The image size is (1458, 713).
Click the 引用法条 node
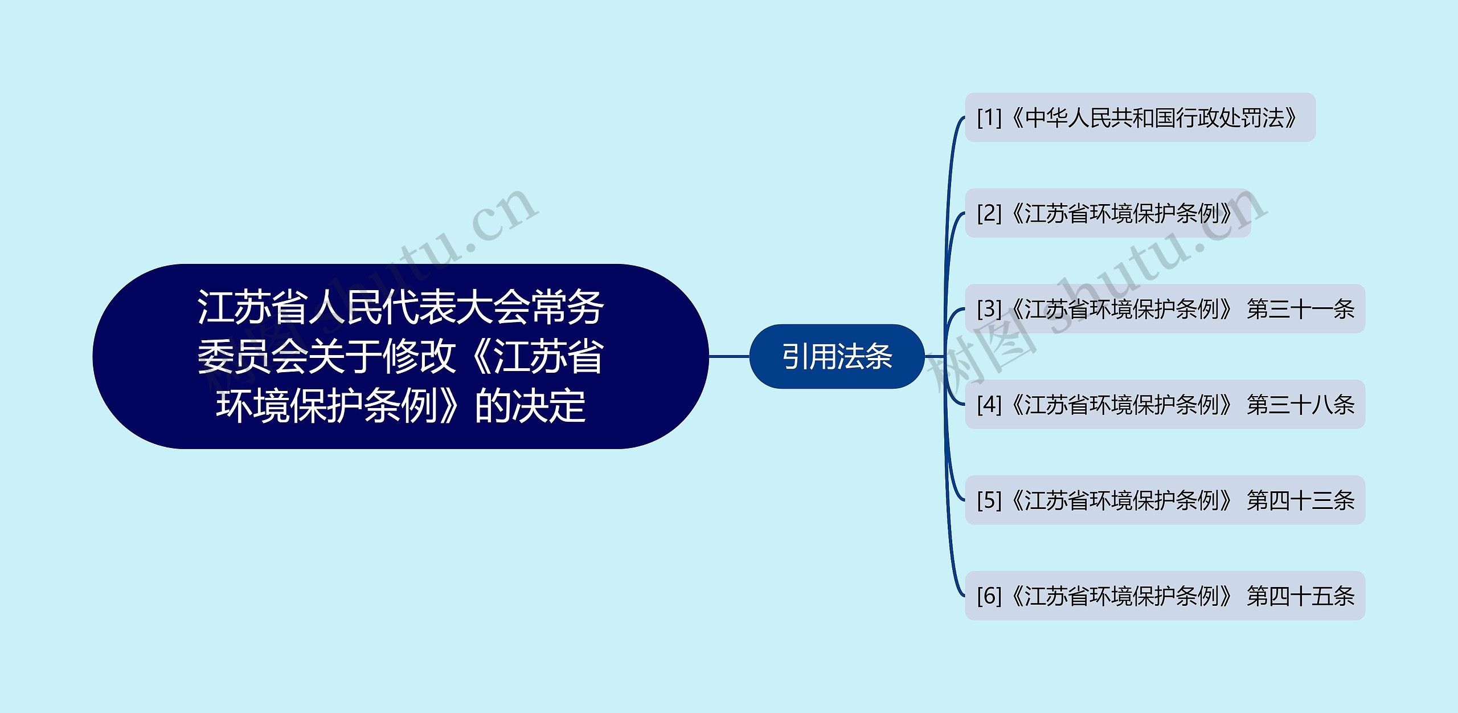836,357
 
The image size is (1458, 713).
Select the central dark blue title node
400,356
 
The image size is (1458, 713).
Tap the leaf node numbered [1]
1140,118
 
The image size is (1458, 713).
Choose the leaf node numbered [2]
1107,214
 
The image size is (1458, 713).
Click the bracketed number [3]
989,309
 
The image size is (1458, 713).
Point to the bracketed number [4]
989,405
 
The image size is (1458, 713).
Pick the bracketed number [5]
989,501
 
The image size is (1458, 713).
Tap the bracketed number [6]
989,597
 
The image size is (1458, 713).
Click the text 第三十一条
1300,309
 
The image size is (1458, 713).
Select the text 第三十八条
1300,405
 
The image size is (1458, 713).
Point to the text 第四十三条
1300,501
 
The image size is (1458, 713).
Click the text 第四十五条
1300,597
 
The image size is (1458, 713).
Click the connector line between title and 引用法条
729,357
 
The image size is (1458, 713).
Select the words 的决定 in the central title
530,406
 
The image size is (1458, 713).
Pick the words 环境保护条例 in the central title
326,406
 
